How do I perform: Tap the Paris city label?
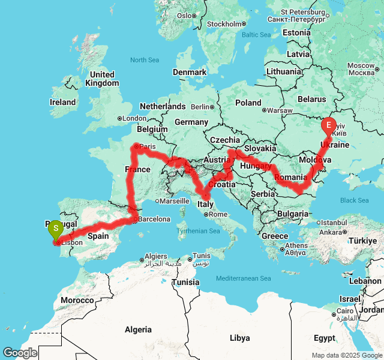[x=146, y=145]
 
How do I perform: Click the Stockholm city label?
[x=223, y=24]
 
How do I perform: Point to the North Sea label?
[x=144, y=60]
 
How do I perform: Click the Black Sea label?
[x=354, y=200]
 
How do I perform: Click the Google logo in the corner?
[x=20, y=353]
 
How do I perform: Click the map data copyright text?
[x=347, y=355]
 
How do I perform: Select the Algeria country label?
[x=139, y=329]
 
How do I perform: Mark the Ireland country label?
[x=62, y=102]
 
